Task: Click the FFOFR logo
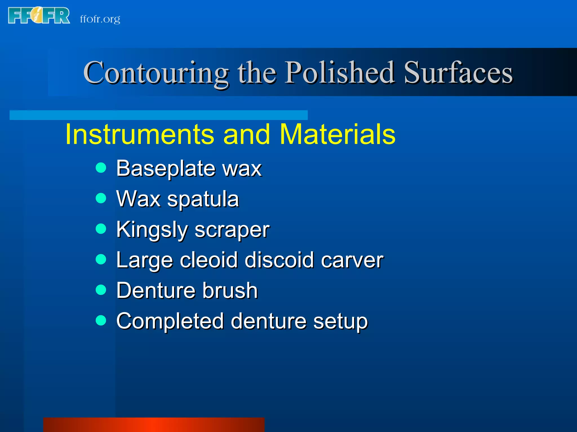point(39,16)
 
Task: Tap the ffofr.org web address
point(100,19)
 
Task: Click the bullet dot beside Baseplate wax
point(101,168)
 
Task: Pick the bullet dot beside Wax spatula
point(101,198)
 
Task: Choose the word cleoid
point(209,260)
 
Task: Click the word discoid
point(279,260)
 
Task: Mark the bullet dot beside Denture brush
point(101,289)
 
